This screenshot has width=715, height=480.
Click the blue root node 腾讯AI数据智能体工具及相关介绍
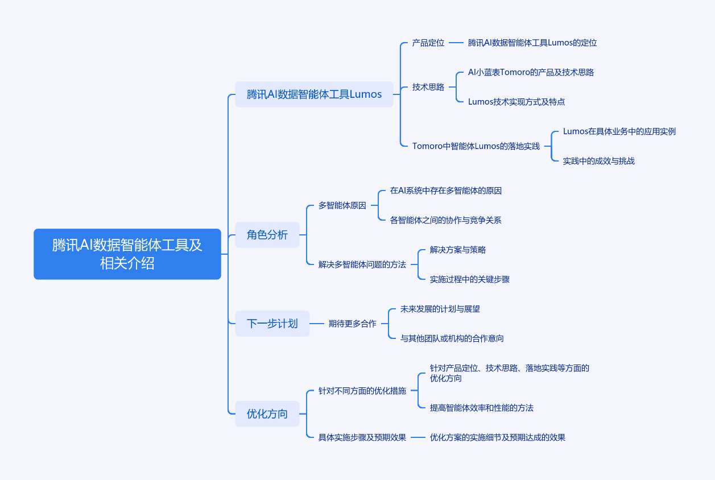coord(127,254)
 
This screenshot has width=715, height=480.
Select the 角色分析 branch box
coord(267,235)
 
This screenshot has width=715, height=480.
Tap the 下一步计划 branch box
coord(272,324)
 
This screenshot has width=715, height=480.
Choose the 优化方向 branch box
coord(267,414)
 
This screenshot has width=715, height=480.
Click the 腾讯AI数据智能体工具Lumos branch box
coord(314,94)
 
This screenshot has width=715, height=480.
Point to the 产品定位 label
coord(428,43)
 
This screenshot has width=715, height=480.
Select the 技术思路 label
coord(428,87)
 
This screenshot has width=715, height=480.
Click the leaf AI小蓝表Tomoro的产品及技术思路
coord(531,72)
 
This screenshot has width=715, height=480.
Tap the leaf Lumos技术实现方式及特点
coord(516,102)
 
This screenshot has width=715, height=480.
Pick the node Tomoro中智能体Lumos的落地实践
coord(476,146)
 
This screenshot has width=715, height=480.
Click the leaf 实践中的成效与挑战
coord(599,161)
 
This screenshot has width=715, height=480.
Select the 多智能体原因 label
coord(342,205)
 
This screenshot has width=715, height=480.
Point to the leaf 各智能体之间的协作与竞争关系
coord(445,220)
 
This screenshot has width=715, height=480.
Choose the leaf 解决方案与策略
coord(458,250)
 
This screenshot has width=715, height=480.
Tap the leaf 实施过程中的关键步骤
coord(469,279)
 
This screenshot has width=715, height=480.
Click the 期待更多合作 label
coord(353,324)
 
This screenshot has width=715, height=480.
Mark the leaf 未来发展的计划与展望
coord(440,309)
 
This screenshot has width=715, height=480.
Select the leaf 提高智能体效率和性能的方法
coord(482,408)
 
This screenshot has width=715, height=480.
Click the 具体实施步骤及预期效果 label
coord(362,437)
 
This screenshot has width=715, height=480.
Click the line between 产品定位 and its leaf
coord(456,43)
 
